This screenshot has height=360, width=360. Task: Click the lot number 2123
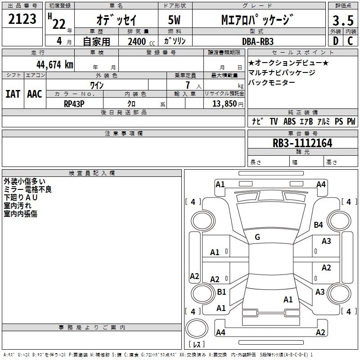22,19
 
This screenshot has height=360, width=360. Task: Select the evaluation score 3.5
343,20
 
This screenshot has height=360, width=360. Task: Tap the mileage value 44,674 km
54,65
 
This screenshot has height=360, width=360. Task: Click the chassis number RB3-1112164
302,143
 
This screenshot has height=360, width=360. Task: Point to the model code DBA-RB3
258,41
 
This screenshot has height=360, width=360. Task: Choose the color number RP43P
74,104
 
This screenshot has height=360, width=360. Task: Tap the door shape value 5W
174,20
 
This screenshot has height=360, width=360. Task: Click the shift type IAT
13,94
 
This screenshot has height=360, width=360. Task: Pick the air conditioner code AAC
35,94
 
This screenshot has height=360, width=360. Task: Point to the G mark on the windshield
257,237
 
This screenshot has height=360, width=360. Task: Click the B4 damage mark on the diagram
319,225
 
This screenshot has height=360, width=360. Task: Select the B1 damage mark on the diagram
221,292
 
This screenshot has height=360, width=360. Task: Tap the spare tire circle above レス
197,328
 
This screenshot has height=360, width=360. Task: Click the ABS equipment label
289,121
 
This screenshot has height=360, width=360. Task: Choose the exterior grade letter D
336,41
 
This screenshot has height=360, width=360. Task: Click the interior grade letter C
350,41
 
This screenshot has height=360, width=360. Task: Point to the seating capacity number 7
188,85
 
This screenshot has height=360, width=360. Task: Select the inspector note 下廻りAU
20,198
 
